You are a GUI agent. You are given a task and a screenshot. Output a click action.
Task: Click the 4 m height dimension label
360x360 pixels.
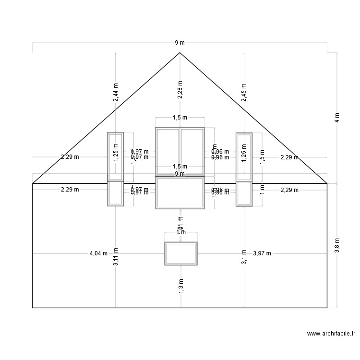coord(337,118)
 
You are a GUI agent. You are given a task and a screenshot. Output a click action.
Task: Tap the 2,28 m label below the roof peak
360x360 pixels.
coord(180,91)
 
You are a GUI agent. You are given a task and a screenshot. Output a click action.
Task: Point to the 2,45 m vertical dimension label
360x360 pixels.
coord(244,93)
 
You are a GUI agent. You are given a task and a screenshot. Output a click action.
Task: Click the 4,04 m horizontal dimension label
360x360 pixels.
coord(98,253)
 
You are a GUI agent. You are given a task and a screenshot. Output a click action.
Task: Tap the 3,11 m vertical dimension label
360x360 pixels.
coord(116,257)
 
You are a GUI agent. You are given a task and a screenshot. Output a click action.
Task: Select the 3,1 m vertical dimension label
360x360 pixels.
coord(244,257)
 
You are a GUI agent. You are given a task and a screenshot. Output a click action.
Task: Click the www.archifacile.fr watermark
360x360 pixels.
coord(331,334)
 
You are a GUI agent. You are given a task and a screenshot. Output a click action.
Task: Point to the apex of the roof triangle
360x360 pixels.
coord(180,53)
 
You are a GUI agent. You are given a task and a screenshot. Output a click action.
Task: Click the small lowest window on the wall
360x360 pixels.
coord(181,253)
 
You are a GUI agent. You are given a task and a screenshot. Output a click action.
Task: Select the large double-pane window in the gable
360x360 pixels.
coord(180,151)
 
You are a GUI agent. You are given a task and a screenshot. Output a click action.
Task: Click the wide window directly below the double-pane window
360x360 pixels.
coord(180,193)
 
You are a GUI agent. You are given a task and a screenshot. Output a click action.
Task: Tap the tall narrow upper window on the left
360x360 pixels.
coord(116,156)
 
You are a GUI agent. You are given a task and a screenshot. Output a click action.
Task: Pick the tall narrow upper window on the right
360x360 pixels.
coord(244,156)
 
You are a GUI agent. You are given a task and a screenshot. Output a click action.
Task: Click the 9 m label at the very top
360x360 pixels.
coord(180,43)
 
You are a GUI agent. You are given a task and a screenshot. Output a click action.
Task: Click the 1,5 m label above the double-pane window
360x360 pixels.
coord(180,118)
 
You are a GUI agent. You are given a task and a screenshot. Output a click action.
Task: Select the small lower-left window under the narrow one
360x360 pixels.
coord(116,194)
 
